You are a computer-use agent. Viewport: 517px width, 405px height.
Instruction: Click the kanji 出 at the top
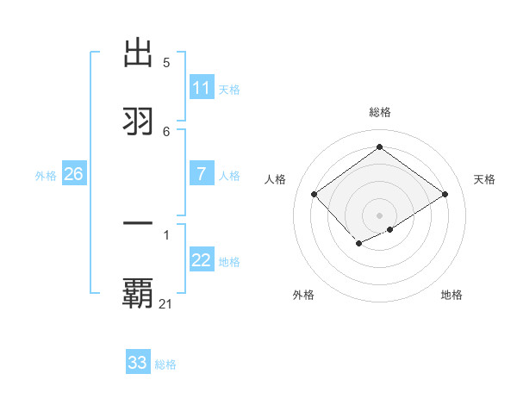pyautogui.click(x=139, y=53)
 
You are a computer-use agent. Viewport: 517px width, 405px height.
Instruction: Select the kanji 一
pyautogui.click(x=139, y=224)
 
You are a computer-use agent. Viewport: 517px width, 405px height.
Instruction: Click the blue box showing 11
pyautogui.click(x=202, y=88)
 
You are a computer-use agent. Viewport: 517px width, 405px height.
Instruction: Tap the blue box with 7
pyautogui.click(x=202, y=174)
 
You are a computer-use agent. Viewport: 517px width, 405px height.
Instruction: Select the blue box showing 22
pyautogui.click(x=202, y=260)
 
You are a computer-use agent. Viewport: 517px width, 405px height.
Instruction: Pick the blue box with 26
pyautogui.click(x=73, y=174)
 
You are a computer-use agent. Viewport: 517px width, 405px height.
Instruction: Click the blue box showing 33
pyautogui.click(x=138, y=363)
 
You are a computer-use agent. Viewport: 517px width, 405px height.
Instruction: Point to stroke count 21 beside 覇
pyautogui.click(x=166, y=303)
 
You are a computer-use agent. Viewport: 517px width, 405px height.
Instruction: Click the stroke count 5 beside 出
pyautogui.click(x=166, y=63)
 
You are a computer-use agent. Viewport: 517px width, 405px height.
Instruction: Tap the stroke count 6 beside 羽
pyautogui.click(x=166, y=131)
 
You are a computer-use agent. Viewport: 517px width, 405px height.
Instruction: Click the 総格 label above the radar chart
pyautogui.click(x=380, y=113)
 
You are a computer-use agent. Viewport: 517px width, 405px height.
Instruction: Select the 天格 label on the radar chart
pyautogui.click(x=485, y=179)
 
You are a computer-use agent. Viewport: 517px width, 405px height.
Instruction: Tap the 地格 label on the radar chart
pyautogui.click(x=452, y=295)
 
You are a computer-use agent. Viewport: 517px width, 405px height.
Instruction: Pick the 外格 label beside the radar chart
pyautogui.click(x=303, y=295)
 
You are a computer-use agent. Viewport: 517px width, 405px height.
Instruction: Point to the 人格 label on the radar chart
pyautogui.click(x=276, y=179)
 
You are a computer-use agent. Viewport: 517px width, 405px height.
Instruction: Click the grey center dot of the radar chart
pyautogui.click(x=380, y=215)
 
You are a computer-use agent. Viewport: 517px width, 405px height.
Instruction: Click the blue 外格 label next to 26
pyautogui.click(x=46, y=176)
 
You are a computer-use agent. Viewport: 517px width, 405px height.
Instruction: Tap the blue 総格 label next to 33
pyautogui.click(x=165, y=364)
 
